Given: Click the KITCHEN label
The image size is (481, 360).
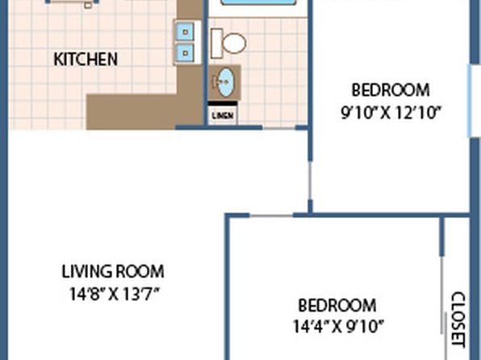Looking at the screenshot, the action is pos(86,59).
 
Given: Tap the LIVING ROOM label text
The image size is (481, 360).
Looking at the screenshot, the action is pos(113,271).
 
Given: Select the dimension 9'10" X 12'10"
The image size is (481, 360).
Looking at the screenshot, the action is pos(391,113).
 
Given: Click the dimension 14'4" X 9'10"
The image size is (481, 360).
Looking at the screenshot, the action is pos(338,326).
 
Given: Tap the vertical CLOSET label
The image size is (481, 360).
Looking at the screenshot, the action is pos(458,320).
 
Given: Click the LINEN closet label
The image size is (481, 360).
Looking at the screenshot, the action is pos(223,115).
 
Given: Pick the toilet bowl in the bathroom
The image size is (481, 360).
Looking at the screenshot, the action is pos(234,43).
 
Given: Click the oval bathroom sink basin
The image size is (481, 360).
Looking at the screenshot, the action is pos(226,82).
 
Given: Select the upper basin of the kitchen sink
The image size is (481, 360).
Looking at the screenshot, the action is pos(185,31).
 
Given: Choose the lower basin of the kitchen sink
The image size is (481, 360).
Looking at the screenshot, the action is pos(185,52).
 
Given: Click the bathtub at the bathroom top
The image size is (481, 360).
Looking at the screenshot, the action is pos(258,2).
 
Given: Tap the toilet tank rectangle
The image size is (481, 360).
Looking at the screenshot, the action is pos(216,44).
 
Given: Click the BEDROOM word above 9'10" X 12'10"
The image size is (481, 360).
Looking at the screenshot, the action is pos(391,90).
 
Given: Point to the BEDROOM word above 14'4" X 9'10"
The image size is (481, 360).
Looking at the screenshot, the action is pos(337,305).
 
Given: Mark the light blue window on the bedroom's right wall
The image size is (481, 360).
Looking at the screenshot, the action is pos(470,101).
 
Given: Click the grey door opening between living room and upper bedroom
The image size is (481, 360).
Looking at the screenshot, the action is pos(310,181).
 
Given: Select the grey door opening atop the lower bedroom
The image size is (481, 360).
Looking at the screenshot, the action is pos(271,216).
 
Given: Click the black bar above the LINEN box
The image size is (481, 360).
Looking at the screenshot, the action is pos(223,104).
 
